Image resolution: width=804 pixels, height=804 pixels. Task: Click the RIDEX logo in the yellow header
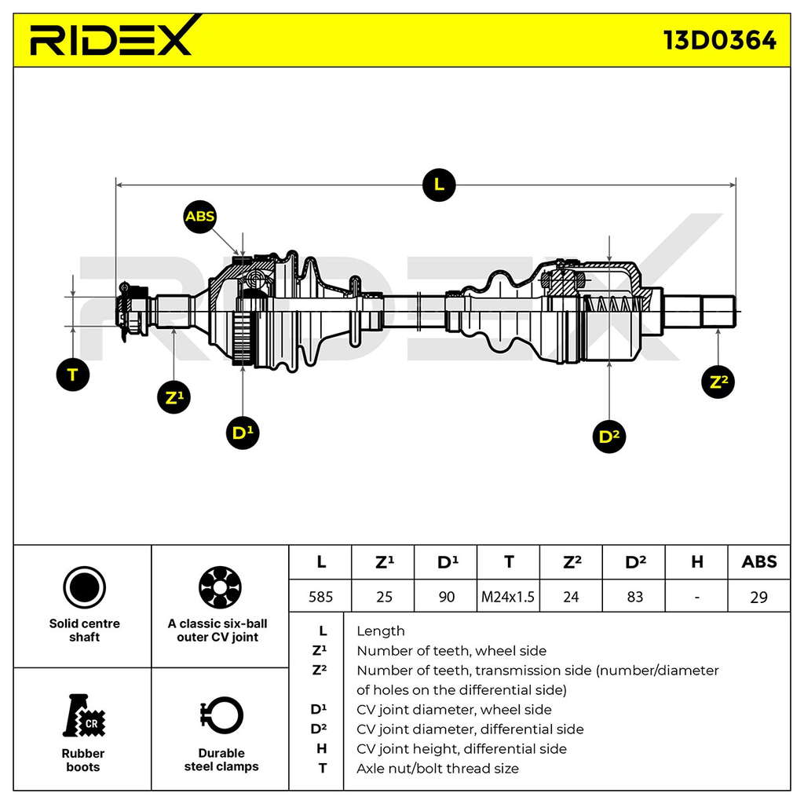pos(113,38)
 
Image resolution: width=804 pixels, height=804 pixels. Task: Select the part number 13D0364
pos(720,40)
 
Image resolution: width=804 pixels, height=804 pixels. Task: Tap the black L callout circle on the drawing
pos(439,185)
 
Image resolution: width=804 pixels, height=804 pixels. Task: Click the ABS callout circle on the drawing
pos(200,217)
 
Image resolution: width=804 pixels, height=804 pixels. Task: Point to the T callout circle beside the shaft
pos(73,375)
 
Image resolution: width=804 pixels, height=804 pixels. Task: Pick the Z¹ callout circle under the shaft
pos(174,397)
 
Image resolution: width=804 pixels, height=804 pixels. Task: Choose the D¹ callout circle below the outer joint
pos(243,433)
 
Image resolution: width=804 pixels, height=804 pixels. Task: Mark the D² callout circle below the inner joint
pos(609,437)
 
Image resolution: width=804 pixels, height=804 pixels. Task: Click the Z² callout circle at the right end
pos(718,382)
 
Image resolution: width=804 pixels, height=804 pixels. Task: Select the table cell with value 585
pos(320,597)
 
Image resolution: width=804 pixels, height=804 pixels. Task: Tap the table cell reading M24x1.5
pos(508,597)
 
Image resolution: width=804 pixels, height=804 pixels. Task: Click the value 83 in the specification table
pos(634,597)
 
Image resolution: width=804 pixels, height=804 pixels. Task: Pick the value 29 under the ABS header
pos(759,597)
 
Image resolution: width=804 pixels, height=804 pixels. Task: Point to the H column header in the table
pos(697,562)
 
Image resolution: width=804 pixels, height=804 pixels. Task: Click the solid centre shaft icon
pos(85,587)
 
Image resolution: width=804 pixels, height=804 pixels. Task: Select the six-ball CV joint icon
pos(220,587)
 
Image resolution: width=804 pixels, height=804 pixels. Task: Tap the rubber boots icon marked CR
pos(83,716)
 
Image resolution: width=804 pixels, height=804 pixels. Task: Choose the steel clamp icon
pos(221,715)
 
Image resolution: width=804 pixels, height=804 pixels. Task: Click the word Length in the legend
pos(381,631)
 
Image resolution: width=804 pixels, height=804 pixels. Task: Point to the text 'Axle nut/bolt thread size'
pos(437,768)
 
